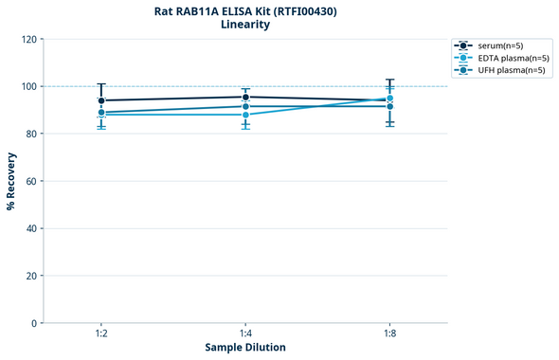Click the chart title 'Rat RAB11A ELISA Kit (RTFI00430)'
click(244, 11)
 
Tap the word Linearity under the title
click(244, 26)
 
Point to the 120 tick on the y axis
click(28, 40)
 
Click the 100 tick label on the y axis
click(28, 87)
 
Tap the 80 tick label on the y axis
click(31, 135)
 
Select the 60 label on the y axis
click(31, 181)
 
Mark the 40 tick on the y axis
click(31, 228)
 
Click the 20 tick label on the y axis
click(31, 276)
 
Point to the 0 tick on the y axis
click(34, 323)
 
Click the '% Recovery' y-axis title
click(11, 181)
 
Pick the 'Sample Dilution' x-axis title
click(245, 348)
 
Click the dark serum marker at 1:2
click(100, 100)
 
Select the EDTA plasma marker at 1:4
click(245, 115)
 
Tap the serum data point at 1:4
click(245, 97)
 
